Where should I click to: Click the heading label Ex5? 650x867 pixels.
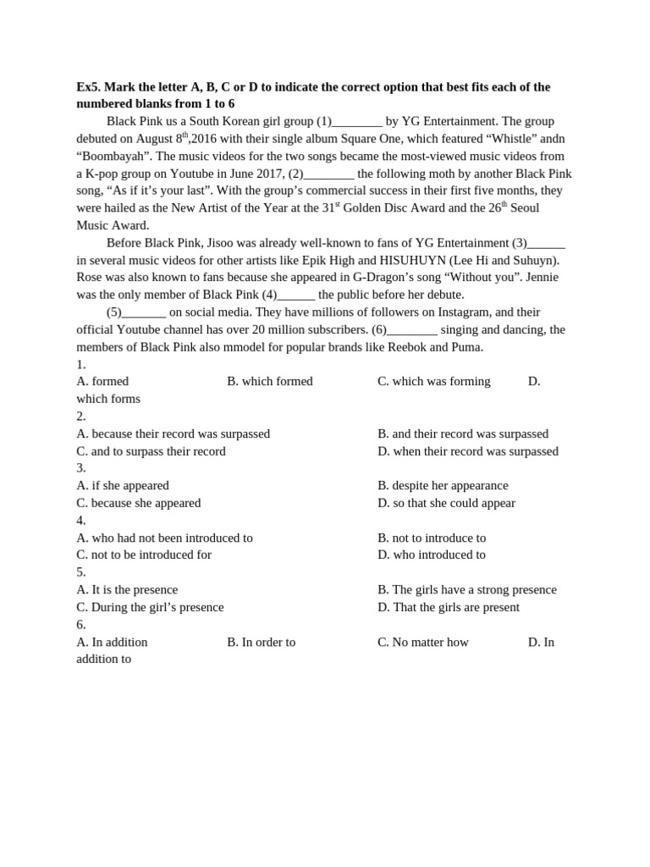[x=88, y=87]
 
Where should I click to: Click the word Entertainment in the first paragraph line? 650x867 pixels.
[x=462, y=121]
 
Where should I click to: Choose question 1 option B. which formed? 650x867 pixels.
[x=270, y=382]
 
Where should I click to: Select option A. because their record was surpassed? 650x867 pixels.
[x=174, y=433]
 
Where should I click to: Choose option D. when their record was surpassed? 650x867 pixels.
[x=468, y=451]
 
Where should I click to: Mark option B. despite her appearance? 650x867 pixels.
[x=443, y=486]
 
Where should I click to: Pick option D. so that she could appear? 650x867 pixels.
[x=446, y=503]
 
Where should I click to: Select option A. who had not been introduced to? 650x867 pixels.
[x=165, y=538]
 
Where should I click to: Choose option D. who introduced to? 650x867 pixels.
[x=432, y=555]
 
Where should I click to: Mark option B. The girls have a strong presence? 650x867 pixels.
[x=467, y=589]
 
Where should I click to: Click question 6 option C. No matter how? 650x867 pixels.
[x=423, y=642]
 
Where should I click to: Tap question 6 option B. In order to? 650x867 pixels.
[x=262, y=642]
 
